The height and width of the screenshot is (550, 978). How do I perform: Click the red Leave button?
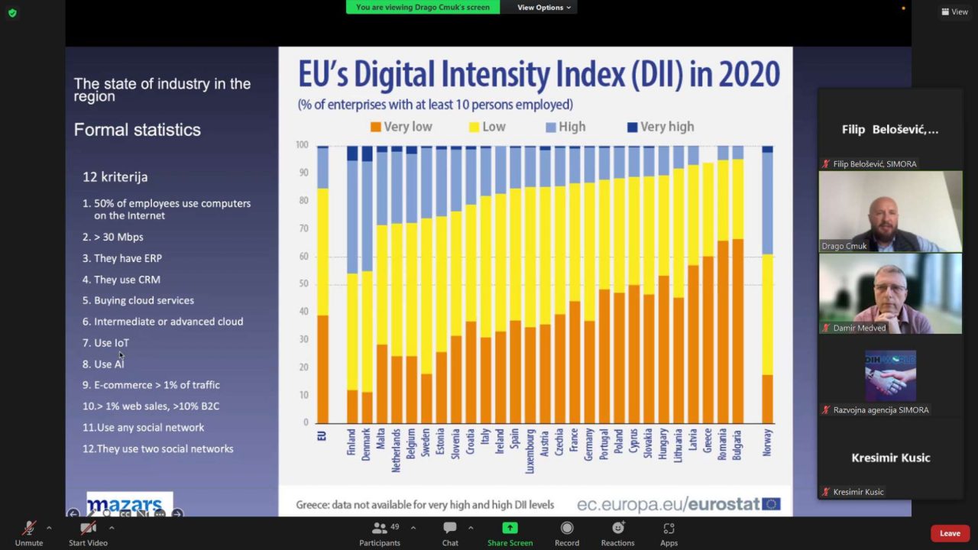click(x=950, y=533)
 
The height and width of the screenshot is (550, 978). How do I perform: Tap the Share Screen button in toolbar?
click(x=510, y=532)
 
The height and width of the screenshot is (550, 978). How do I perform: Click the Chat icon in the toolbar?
click(x=450, y=532)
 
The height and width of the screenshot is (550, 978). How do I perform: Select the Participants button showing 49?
click(x=380, y=532)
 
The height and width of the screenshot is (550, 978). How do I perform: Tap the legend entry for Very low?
click(x=401, y=127)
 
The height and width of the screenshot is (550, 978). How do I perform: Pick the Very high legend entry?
click(x=659, y=127)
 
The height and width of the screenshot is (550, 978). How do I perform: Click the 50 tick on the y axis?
click(x=303, y=283)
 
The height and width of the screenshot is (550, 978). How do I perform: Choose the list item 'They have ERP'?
click(x=127, y=258)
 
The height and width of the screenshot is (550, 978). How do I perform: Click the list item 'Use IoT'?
click(x=111, y=343)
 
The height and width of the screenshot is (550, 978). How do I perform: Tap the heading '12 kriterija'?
click(x=115, y=176)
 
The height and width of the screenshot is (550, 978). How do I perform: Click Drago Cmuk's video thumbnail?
click(x=890, y=211)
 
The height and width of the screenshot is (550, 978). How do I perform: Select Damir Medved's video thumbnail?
click(x=890, y=293)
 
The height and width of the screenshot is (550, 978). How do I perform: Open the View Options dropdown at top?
click(x=544, y=8)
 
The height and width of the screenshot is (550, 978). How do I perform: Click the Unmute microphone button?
click(x=29, y=532)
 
